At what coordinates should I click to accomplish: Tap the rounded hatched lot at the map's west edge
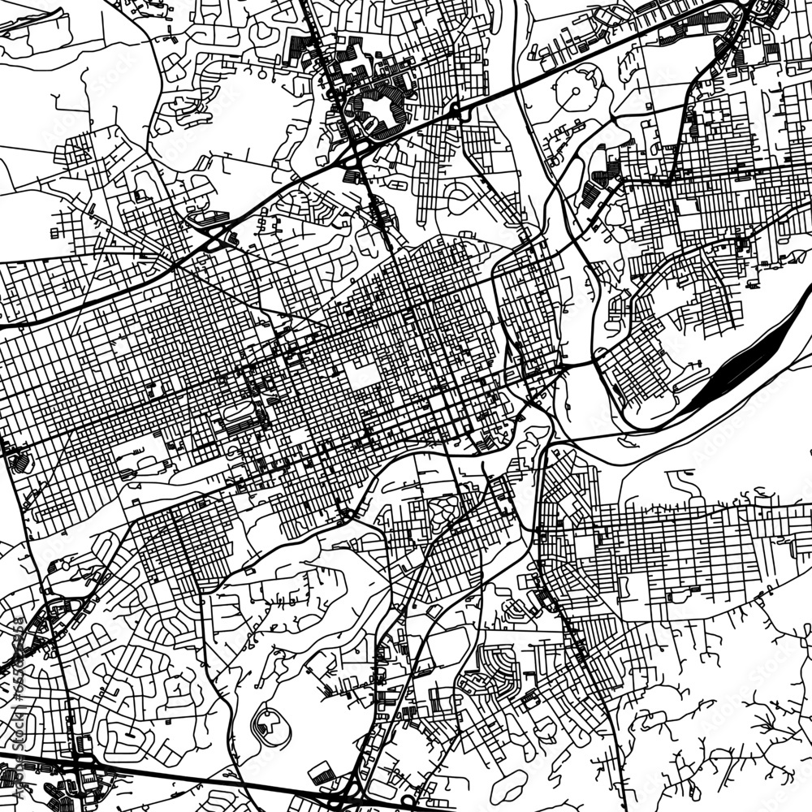[x=18, y=462]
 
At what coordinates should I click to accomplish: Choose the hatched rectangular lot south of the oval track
[x=321, y=771]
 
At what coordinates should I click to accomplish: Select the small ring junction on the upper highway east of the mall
[x=458, y=112]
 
